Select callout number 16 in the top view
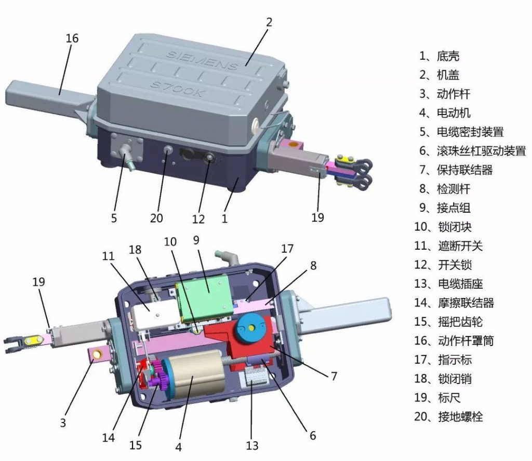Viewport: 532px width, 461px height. tap(72, 38)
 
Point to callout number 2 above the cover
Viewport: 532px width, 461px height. tap(269, 22)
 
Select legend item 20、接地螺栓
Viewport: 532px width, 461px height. tap(451, 417)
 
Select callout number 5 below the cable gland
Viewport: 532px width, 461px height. tap(114, 217)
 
